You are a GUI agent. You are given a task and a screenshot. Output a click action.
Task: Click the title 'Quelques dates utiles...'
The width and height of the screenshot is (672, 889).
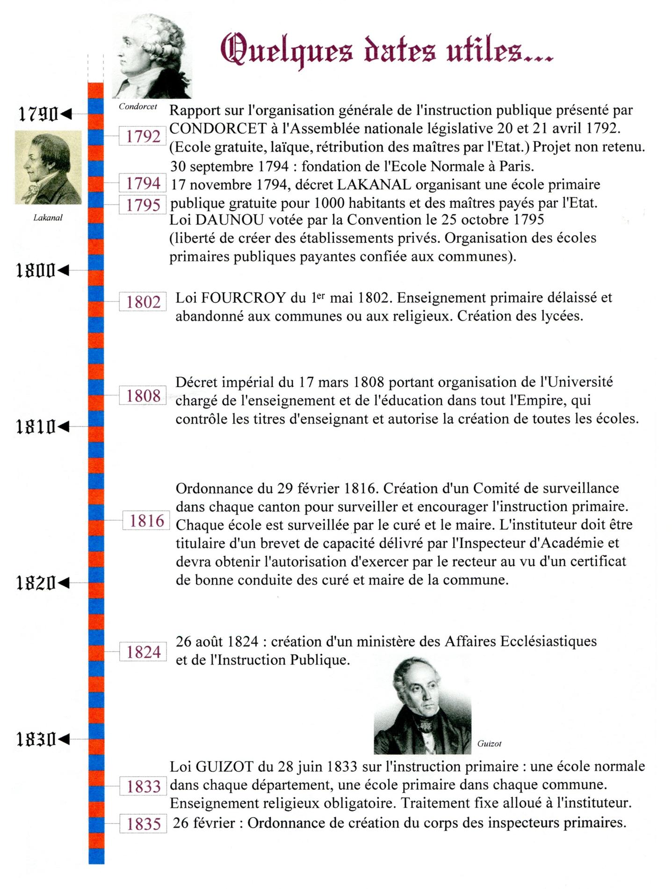(x=386, y=51)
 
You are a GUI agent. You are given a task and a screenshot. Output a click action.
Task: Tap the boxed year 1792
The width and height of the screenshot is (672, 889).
(x=143, y=136)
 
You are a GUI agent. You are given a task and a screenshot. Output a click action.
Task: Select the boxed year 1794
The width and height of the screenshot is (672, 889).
(x=143, y=183)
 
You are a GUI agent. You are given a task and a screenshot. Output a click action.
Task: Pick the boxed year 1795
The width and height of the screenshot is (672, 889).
(x=143, y=205)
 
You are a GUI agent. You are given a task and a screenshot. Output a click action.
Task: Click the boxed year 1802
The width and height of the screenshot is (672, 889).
(x=143, y=302)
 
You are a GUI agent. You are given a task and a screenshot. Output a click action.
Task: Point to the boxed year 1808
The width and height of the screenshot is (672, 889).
(x=143, y=396)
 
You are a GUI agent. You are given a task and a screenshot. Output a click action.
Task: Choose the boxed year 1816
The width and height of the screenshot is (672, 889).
(x=146, y=521)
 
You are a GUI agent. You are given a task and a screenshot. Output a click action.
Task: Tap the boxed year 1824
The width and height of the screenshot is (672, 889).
(x=143, y=652)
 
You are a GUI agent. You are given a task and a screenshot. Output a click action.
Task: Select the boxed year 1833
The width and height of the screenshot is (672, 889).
(x=143, y=786)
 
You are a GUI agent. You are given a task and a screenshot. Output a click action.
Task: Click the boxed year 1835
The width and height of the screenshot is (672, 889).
(x=143, y=824)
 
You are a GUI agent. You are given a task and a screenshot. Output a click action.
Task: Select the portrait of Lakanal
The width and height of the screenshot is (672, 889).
(x=48, y=167)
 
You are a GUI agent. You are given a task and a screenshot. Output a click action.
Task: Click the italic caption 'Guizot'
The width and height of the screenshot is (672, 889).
(x=489, y=743)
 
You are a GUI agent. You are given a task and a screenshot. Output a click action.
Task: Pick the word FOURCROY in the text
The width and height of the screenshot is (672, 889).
(x=244, y=298)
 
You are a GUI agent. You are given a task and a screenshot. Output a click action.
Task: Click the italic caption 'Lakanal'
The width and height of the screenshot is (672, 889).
(x=48, y=218)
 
